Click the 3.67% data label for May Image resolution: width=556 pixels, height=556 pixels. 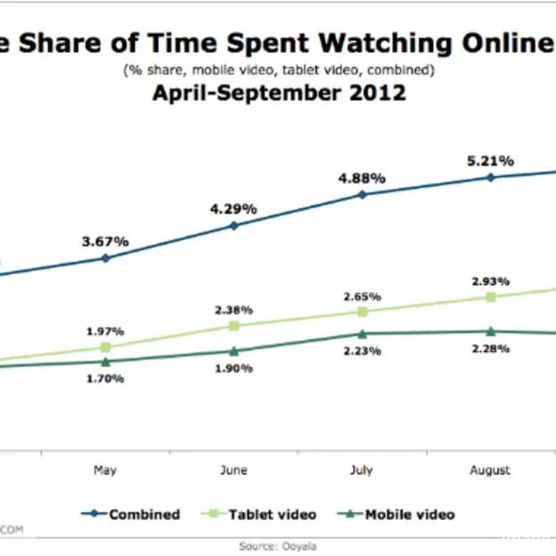click(105, 241)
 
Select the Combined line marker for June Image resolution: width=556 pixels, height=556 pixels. click(234, 225)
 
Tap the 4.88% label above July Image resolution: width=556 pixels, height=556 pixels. click(361, 178)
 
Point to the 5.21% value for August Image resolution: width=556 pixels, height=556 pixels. click(490, 161)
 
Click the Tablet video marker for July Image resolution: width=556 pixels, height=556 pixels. click(362, 311)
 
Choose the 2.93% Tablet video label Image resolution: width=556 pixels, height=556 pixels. click(490, 281)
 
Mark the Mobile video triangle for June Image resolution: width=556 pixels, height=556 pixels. click(234, 351)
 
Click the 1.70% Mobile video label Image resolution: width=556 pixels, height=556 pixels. click(106, 378)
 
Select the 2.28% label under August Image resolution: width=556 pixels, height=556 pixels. click(490, 348)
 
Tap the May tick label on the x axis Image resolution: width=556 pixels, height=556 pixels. click(105, 470)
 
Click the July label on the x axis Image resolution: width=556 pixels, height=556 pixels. click(361, 470)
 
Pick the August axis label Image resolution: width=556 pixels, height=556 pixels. click(490, 470)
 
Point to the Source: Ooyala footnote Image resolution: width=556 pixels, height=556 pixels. click(278, 545)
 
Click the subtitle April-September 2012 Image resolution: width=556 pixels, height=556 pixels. click(277, 91)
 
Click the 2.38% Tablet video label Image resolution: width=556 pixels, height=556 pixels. click(234, 311)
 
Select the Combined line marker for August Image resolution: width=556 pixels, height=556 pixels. click(491, 178)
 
